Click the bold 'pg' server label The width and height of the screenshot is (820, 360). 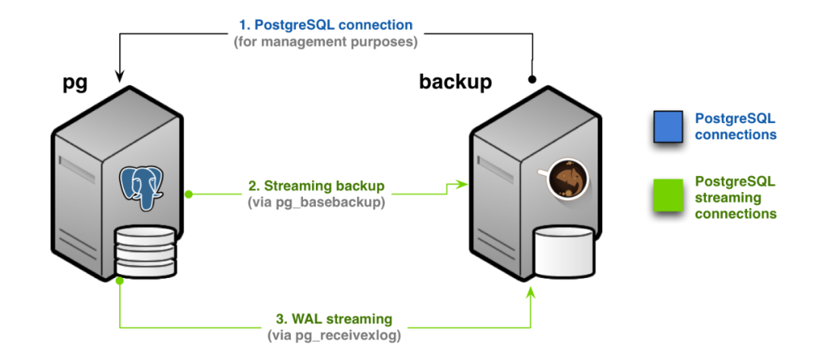click(74, 84)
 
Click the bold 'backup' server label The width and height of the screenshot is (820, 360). click(456, 81)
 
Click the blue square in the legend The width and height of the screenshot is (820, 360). click(668, 127)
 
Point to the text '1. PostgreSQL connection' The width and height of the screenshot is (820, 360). click(331, 25)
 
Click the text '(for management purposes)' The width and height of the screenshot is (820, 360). click(331, 42)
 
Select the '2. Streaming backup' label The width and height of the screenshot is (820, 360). click(317, 185)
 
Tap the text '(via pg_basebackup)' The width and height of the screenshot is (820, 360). click(317, 202)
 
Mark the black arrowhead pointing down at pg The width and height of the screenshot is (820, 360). click(120, 74)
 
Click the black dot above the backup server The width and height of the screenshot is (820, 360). click(532, 78)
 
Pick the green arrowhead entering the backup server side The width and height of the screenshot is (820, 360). click(459, 183)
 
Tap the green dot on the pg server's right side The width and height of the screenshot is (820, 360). click(189, 194)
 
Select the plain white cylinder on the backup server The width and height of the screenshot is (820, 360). click(565, 251)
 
